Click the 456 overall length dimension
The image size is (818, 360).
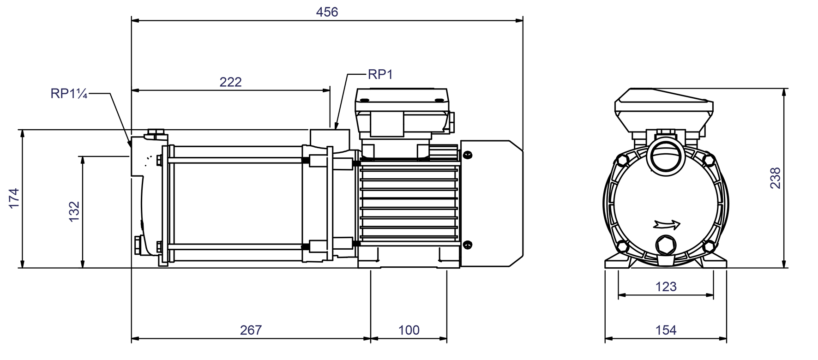pos(327,12)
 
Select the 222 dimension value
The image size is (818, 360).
pos(230,82)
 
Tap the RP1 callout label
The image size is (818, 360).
pos(380,74)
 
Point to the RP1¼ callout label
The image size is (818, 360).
pos(69,94)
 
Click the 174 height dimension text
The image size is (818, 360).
pos(14,198)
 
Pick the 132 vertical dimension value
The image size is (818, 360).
pos(74,212)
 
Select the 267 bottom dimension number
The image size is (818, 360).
pos(251,330)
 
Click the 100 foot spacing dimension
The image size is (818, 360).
pos(409,330)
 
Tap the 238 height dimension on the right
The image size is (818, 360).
pos(776,178)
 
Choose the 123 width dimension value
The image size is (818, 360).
pos(666,287)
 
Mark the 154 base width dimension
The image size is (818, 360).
pos(666,330)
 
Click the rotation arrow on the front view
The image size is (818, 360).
pos(668,225)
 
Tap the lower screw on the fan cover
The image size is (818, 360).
pos(467,245)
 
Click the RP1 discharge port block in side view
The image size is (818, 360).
pos(330,138)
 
